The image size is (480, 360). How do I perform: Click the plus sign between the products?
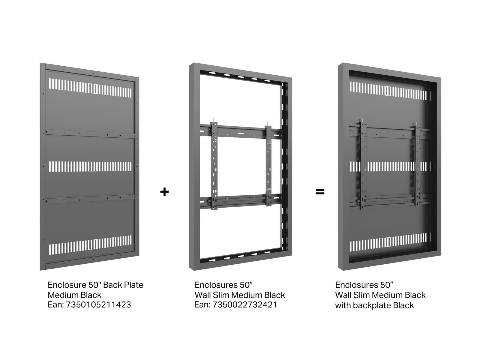(164, 192)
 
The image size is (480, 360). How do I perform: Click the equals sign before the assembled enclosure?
(320, 192)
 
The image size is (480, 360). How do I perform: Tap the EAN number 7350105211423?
(98, 304)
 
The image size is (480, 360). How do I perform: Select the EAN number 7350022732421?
(245, 304)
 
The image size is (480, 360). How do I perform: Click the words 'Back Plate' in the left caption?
(123, 285)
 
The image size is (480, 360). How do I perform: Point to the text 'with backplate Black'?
(374, 305)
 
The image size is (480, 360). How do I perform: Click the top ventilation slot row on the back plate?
(90, 88)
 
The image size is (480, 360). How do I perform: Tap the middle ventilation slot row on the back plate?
(90, 166)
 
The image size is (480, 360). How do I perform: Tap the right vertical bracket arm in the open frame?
(268, 166)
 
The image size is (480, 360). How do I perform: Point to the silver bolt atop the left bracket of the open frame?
(213, 120)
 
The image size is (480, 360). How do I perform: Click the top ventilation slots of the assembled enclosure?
(388, 91)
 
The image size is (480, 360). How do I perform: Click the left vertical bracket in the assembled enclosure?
(363, 164)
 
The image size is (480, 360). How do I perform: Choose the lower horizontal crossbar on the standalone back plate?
(90, 199)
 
